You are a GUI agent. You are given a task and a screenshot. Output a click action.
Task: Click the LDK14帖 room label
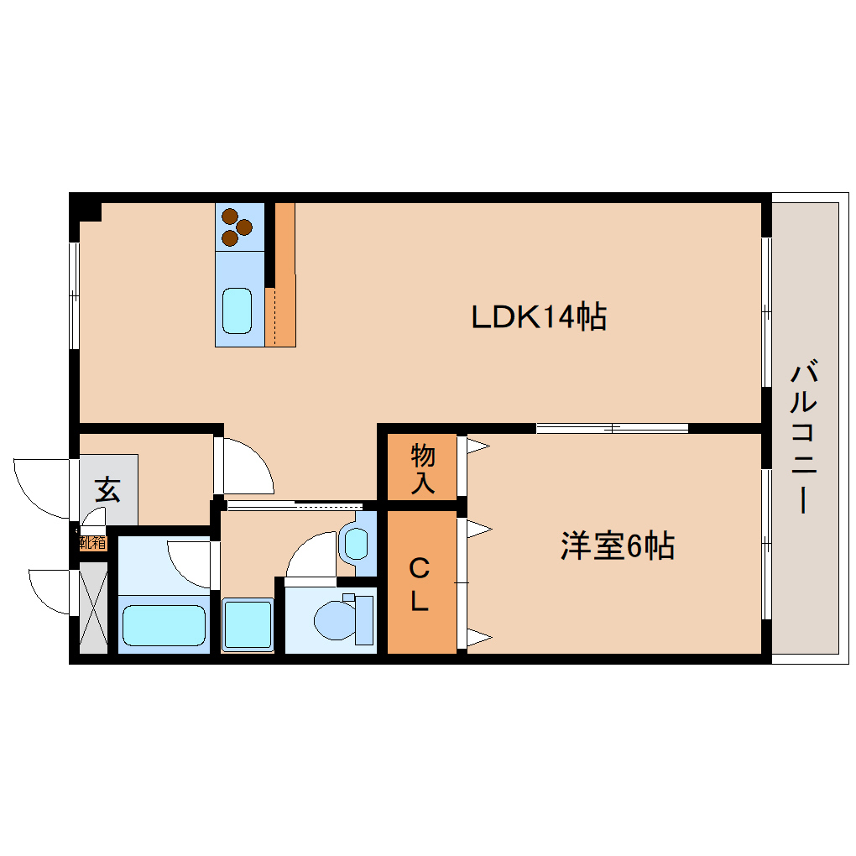point(539,317)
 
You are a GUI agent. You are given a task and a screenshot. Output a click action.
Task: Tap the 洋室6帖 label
point(618,547)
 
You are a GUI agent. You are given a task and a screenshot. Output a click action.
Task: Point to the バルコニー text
point(804,436)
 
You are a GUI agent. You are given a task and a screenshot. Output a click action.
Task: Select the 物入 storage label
point(422,469)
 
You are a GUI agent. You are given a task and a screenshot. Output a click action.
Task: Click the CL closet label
point(420,584)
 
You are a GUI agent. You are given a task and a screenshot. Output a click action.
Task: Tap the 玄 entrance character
point(107,488)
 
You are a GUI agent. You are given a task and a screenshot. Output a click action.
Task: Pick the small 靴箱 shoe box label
point(92,543)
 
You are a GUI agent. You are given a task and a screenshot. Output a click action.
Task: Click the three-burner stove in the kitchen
point(237,227)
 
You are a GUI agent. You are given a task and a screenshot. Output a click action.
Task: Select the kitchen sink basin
point(237,311)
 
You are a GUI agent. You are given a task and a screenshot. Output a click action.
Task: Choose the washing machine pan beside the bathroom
point(248,624)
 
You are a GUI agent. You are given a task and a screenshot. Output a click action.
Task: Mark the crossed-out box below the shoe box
point(93,608)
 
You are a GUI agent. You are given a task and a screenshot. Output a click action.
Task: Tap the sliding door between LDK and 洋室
point(613,428)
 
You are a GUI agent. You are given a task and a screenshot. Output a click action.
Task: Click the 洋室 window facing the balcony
point(765,544)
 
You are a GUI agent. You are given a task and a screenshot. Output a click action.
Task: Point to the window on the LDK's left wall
point(74,295)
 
